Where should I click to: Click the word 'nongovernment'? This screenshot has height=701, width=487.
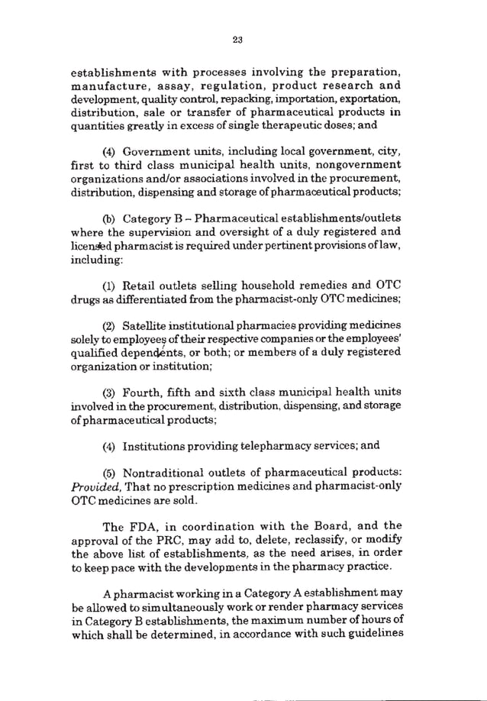coord(364,165)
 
